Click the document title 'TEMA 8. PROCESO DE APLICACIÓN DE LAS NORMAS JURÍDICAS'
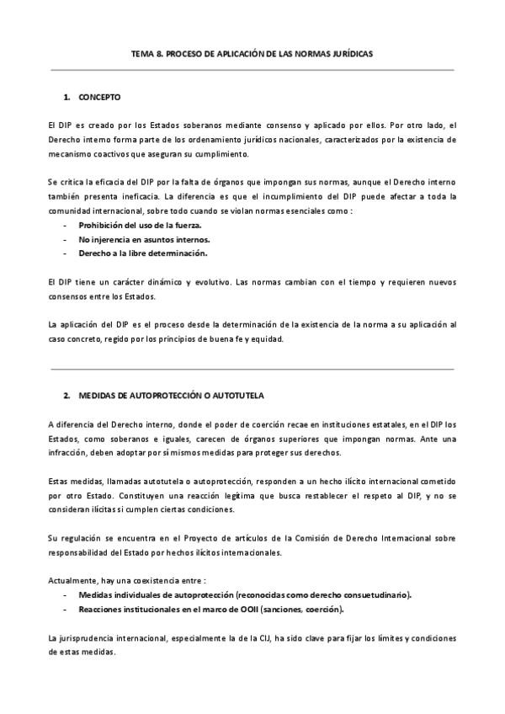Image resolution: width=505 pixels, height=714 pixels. [x=252, y=52]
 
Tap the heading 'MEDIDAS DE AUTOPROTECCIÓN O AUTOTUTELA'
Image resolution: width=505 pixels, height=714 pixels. [x=174, y=395]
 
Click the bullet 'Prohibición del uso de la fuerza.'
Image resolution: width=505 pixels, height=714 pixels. [x=140, y=226]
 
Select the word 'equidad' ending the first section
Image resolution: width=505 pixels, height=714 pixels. [x=269, y=339]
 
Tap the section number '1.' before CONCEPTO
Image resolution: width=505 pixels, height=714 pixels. [x=66, y=97]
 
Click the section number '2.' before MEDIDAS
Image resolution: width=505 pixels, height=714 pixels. [x=66, y=395]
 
